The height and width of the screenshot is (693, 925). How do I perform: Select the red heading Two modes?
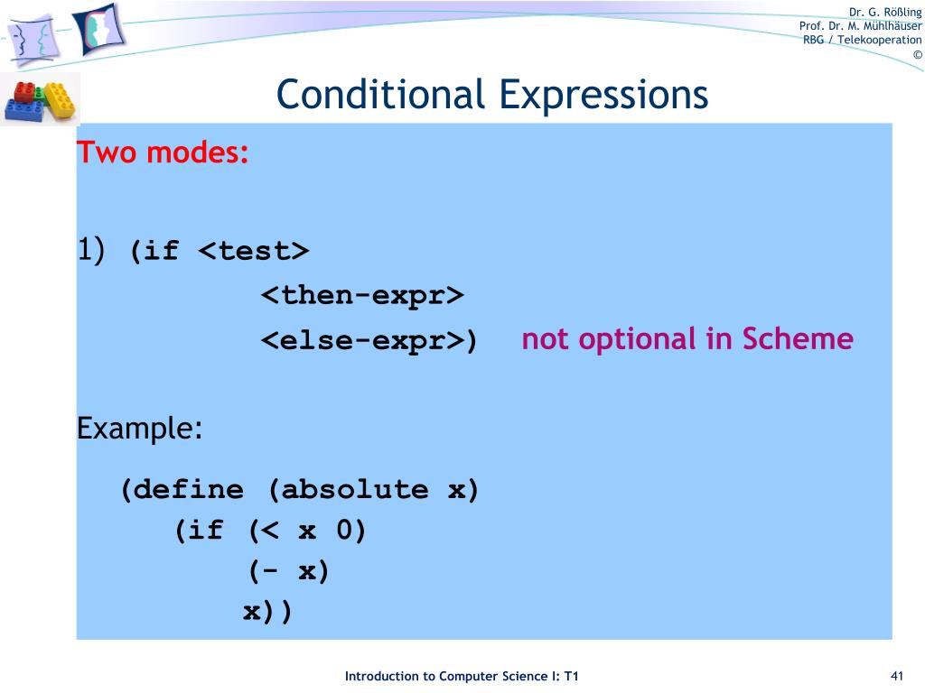click(164, 152)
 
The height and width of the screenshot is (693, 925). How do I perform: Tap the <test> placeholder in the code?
click(254, 250)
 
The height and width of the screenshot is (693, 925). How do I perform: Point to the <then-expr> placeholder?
click(362, 295)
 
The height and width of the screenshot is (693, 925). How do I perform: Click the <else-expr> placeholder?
click(362, 341)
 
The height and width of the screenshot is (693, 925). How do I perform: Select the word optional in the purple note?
click(632, 338)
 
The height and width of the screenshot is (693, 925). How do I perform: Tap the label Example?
click(139, 428)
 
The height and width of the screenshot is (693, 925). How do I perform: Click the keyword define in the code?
click(191, 490)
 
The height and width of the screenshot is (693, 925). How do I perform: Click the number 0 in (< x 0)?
click(344, 531)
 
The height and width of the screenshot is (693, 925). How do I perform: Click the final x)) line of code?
click(267, 612)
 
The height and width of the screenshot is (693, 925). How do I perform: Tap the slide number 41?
click(897, 677)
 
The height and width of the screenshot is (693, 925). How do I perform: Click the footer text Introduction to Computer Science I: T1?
click(462, 677)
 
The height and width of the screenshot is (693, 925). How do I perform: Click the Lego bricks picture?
click(41, 99)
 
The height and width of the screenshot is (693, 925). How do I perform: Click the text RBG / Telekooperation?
click(863, 40)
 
